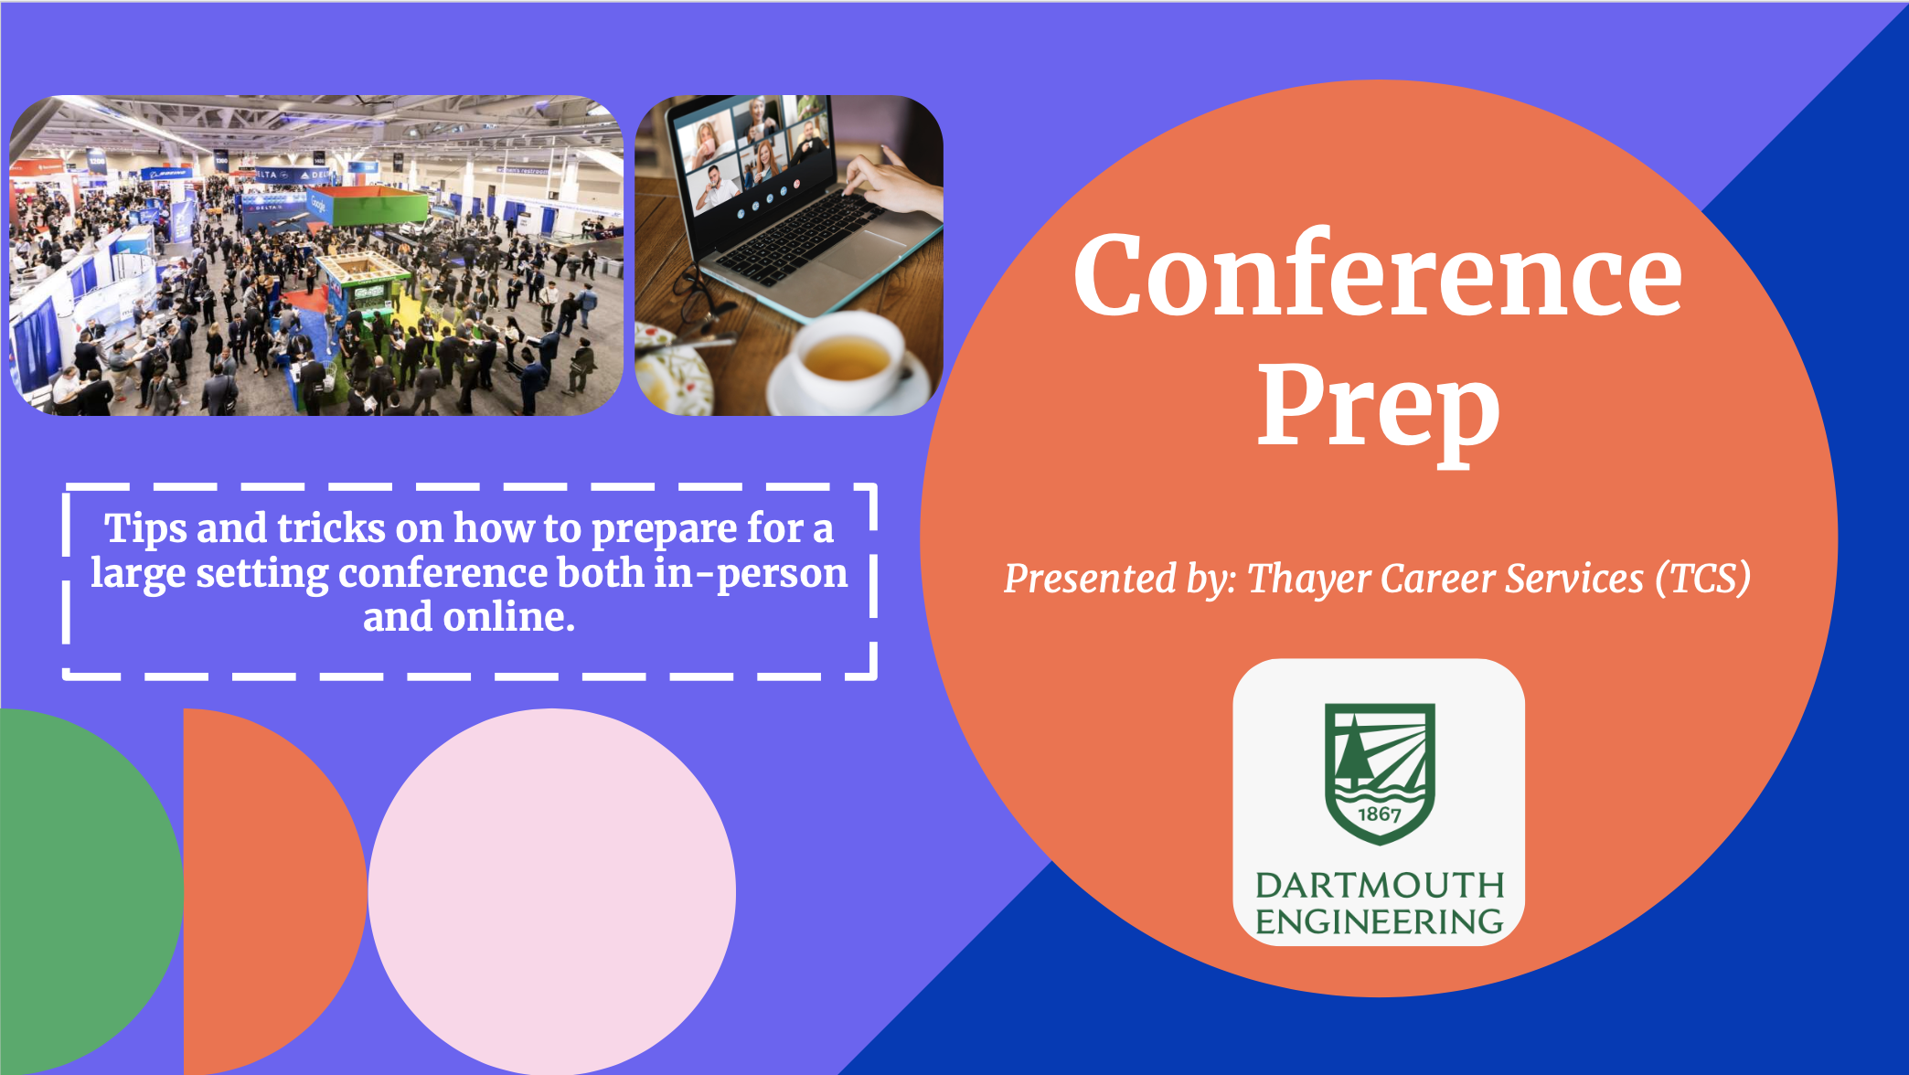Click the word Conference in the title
click(1378, 274)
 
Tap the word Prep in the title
click(1379, 408)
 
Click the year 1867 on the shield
click(1379, 814)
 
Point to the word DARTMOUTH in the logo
click(1380, 885)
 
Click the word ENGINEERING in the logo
click(1380, 921)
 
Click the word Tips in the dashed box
click(144, 528)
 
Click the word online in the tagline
click(508, 617)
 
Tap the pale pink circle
click(552, 891)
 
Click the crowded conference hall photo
click(316, 255)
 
